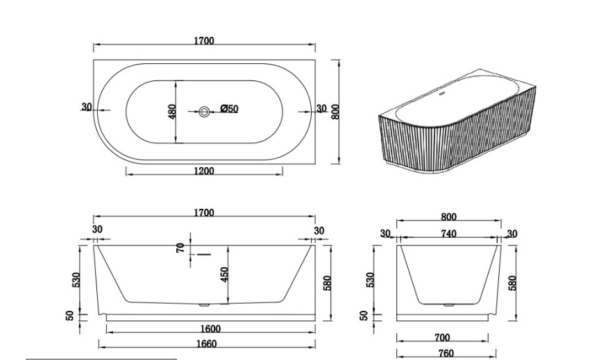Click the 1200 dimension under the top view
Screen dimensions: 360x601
203,171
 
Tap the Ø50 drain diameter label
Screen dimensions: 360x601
230,109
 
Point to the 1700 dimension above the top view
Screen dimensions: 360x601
203,41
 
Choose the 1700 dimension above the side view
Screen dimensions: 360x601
203,213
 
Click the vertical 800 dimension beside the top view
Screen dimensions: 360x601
335,111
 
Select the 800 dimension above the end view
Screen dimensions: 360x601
448,218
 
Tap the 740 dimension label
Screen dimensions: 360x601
448,234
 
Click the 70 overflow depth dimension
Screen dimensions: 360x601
180,248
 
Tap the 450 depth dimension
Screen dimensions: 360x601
224,275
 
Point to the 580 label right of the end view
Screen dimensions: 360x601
514,283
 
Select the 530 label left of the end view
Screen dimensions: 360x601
371,280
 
